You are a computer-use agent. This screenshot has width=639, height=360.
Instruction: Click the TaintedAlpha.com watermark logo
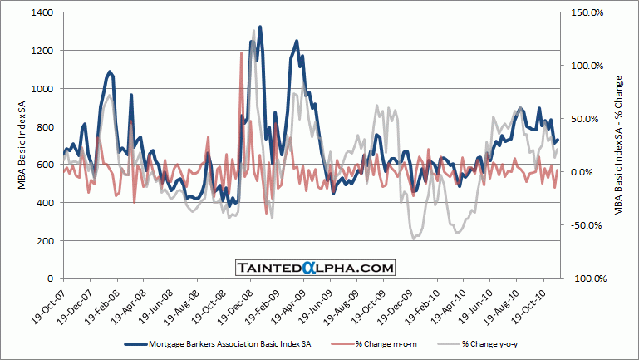(313, 268)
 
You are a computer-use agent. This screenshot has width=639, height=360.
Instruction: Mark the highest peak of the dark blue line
(260, 27)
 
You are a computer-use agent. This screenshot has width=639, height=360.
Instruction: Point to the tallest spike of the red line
(242, 53)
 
